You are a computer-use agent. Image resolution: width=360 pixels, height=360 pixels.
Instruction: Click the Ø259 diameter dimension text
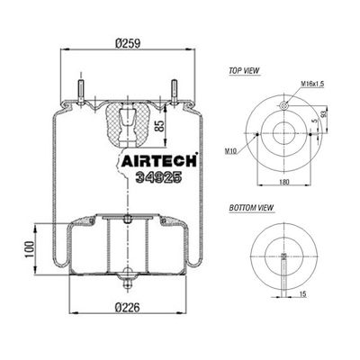point(128,43)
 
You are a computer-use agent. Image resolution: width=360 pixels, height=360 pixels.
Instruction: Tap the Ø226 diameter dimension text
point(128,307)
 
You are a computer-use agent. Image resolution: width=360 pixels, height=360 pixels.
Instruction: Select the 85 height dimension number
point(160,126)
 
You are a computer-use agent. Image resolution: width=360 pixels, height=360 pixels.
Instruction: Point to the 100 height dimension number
point(29,249)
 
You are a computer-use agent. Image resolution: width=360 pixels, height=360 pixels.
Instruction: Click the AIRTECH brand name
point(159,161)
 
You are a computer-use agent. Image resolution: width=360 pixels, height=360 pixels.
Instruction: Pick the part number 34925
point(158,177)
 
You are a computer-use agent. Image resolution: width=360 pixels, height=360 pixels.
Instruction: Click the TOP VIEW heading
point(244,71)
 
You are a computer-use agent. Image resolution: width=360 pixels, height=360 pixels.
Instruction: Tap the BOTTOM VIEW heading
point(251,208)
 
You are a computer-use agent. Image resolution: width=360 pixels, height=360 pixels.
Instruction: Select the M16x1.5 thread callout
point(312,84)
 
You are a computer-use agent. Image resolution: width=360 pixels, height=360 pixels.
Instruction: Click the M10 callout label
point(230,152)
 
